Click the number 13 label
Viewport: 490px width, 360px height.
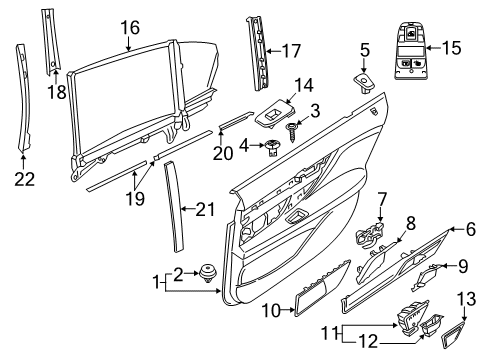point(466,300)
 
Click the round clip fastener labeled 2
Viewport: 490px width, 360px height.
point(208,273)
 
